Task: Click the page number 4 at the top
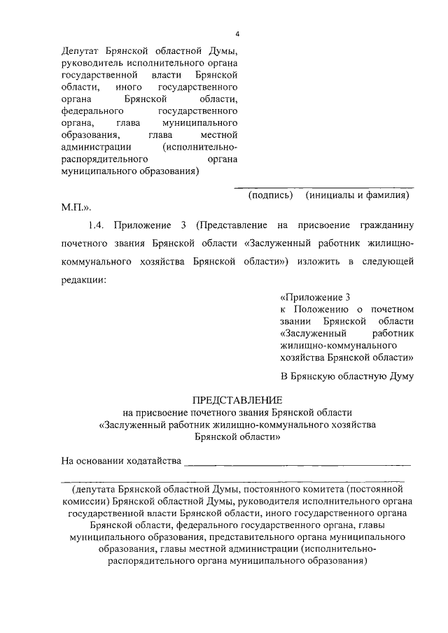[x=237, y=34]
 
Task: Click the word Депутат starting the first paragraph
[x=81, y=51]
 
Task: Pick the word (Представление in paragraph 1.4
[x=230, y=225]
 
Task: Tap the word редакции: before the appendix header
[x=84, y=279]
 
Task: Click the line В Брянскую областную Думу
[x=346, y=376]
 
